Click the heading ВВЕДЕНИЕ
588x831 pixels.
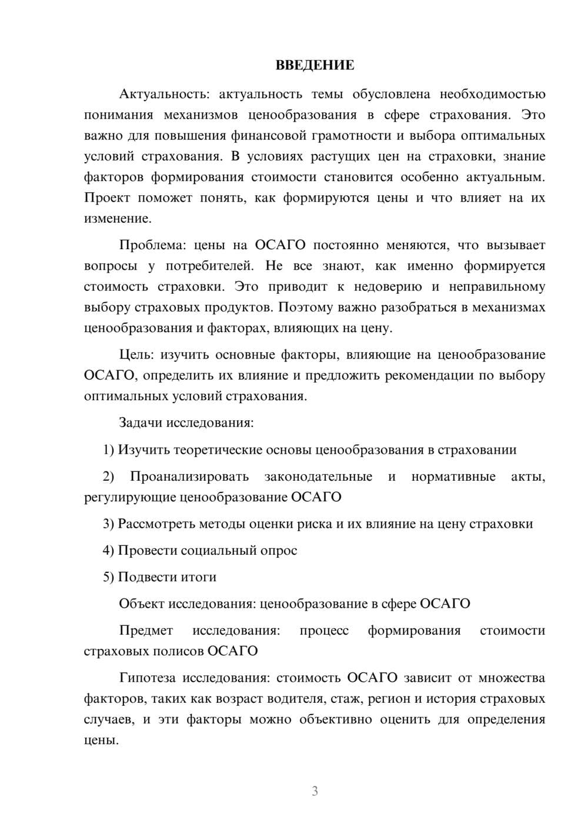coord(315,65)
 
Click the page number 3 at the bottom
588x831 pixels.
coord(315,791)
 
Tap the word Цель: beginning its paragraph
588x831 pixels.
coord(135,354)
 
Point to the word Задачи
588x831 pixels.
coord(141,423)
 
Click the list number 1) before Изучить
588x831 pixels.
coord(108,450)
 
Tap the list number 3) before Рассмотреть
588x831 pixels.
coord(108,524)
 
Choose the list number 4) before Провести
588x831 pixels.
coord(108,550)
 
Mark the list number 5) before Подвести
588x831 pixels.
coord(108,577)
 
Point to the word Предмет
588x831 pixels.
coord(146,631)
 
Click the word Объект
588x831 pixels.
coord(142,604)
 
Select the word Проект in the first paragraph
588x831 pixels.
coord(107,198)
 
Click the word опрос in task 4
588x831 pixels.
coord(279,551)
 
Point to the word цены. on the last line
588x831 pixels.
coord(101,740)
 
